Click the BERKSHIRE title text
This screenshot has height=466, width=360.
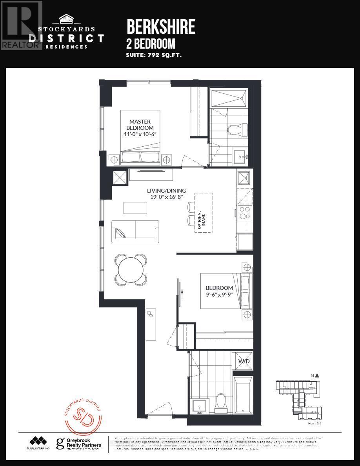click(x=161, y=27)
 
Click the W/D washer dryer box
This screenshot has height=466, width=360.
click(x=242, y=361)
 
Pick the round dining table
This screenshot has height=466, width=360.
click(x=131, y=270)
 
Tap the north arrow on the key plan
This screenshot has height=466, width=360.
click(x=317, y=375)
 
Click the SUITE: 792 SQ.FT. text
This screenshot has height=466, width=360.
click(x=153, y=55)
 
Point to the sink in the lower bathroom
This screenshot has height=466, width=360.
click(x=200, y=406)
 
